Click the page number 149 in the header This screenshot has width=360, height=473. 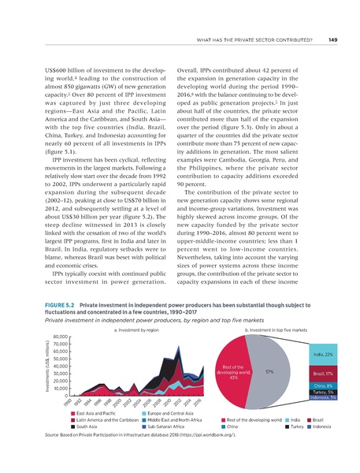point(333,40)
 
